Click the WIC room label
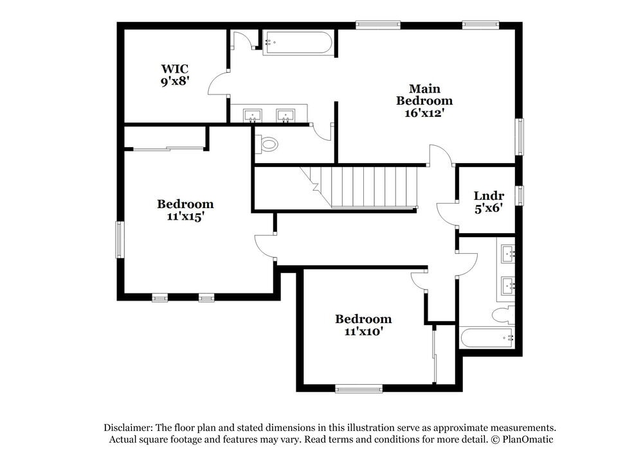click(x=175, y=69)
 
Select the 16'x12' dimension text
click(x=421, y=112)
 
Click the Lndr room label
click(x=489, y=196)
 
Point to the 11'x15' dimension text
click(x=185, y=216)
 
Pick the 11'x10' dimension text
click(x=363, y=331)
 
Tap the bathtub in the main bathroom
click(x=298, y=43)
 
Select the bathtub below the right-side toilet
click(x=486, y=337)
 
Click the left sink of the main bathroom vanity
click(x=252, y=116)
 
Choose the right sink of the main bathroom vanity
click(x=285, y=116)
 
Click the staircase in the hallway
click(x=363, y=186)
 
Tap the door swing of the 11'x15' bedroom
click(x=265, y=247)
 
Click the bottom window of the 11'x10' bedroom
click(x=358, y=388)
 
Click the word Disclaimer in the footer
click(x=128, y=428)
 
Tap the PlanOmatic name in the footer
click(x=527, y=439)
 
